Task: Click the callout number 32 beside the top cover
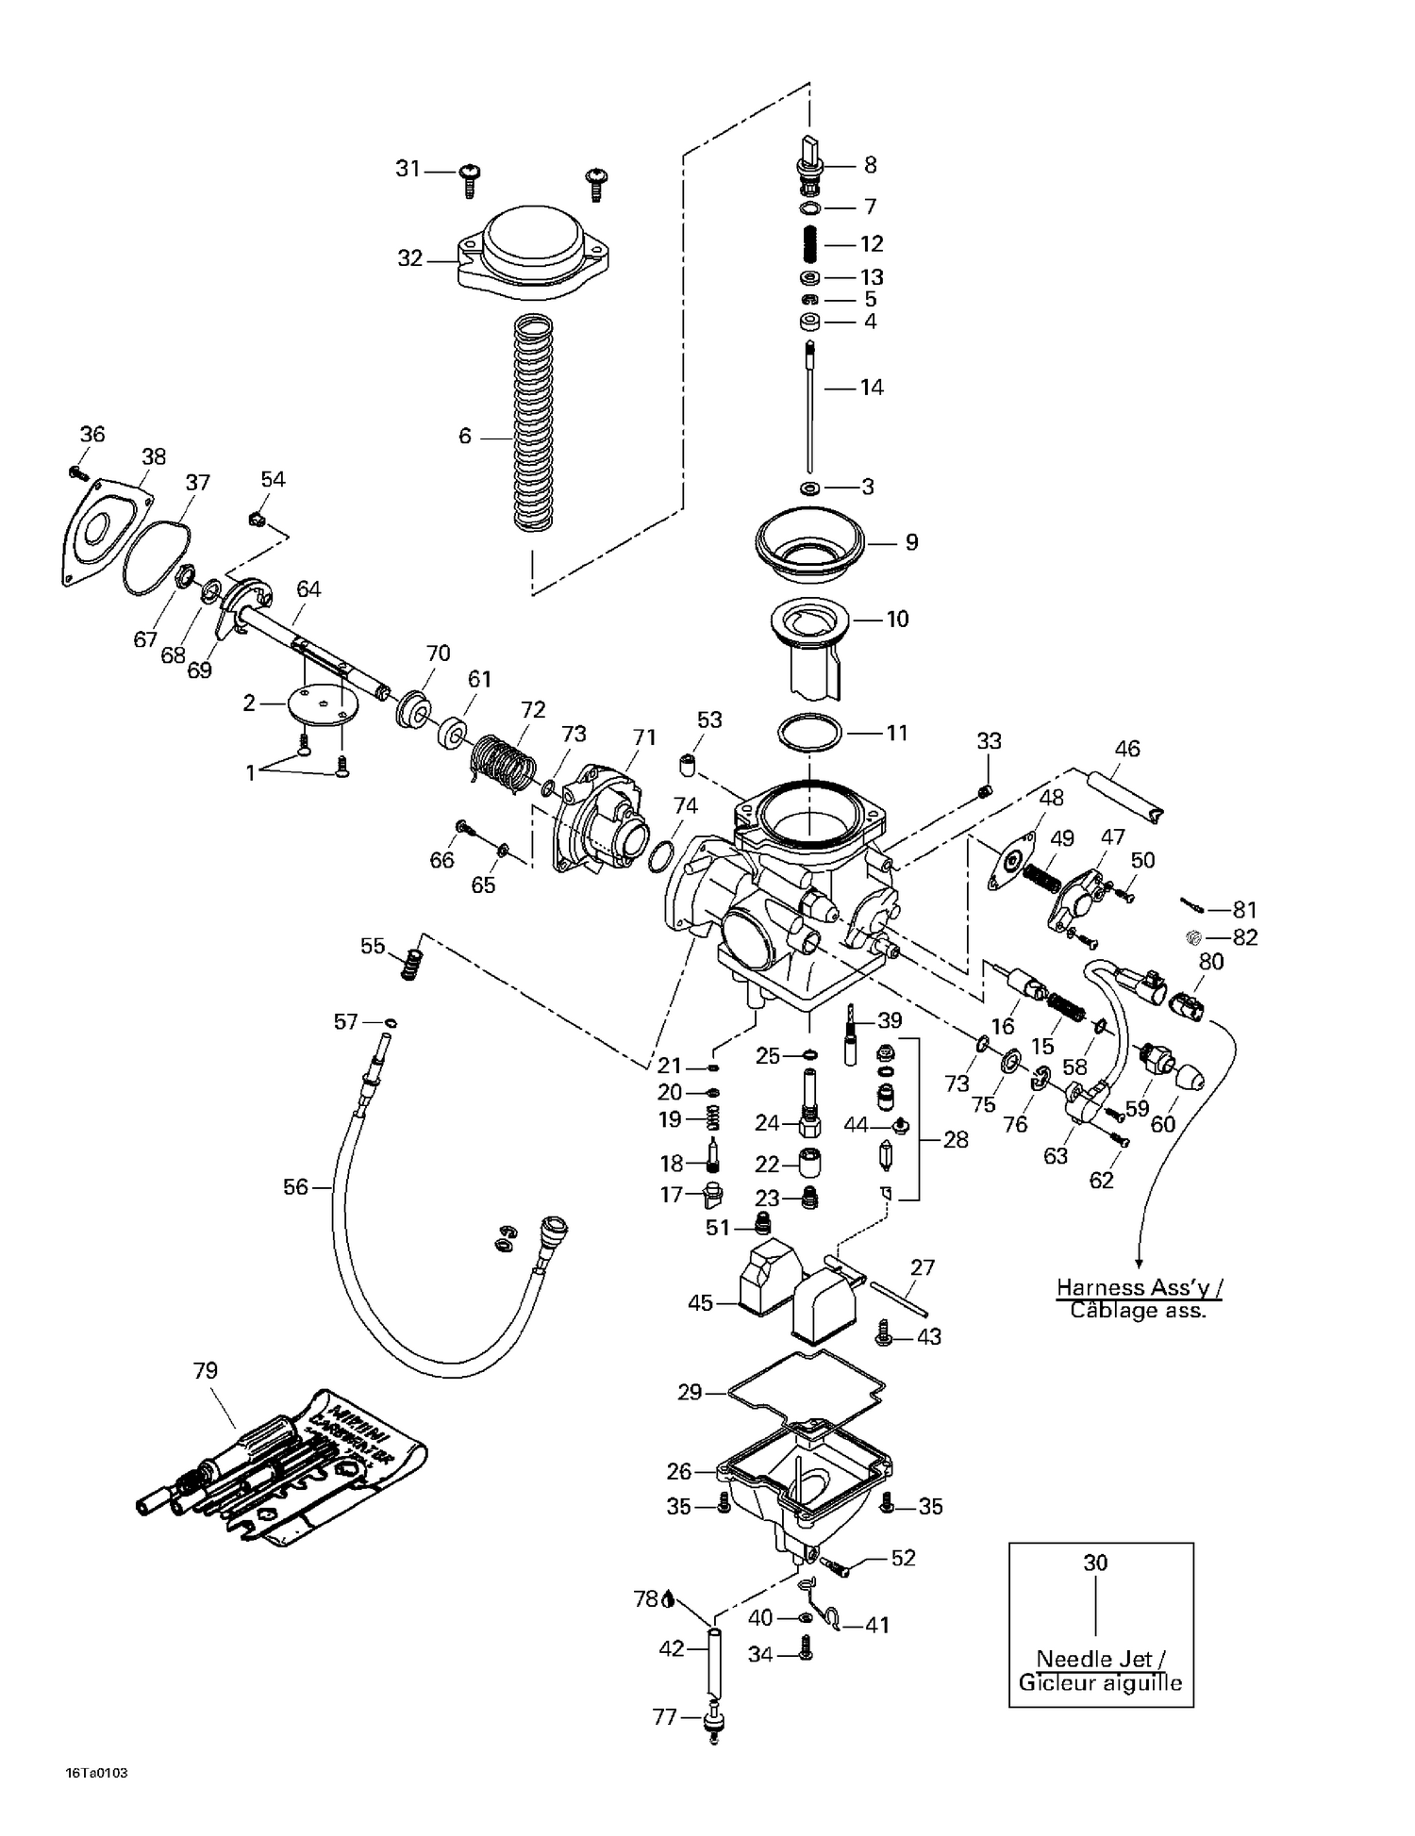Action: coord(409,258)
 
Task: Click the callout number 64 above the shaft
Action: coord(308,589)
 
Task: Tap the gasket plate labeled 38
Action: coord(102,533)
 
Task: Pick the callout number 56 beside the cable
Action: coord(295,1187)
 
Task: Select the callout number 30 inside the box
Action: coord(1094,1563)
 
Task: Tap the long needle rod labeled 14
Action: coord(809,410)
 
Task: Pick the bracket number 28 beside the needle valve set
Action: coord(956,1140)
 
